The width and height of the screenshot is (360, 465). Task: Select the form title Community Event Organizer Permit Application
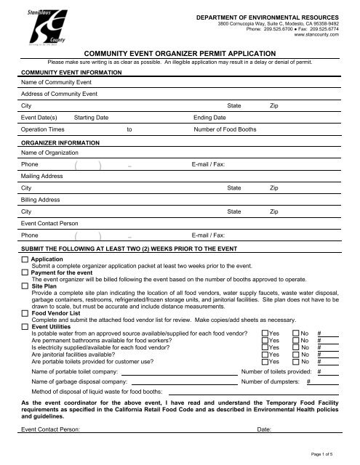[x=179, y=53]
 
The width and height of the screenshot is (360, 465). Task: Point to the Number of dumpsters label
[x=272, y=382]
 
